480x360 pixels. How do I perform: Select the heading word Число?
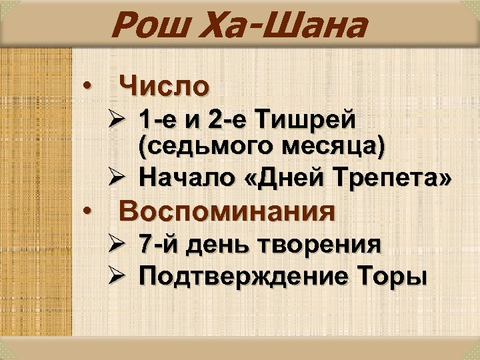pos(163,86)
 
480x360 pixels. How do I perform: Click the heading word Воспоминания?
pos(226,211)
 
